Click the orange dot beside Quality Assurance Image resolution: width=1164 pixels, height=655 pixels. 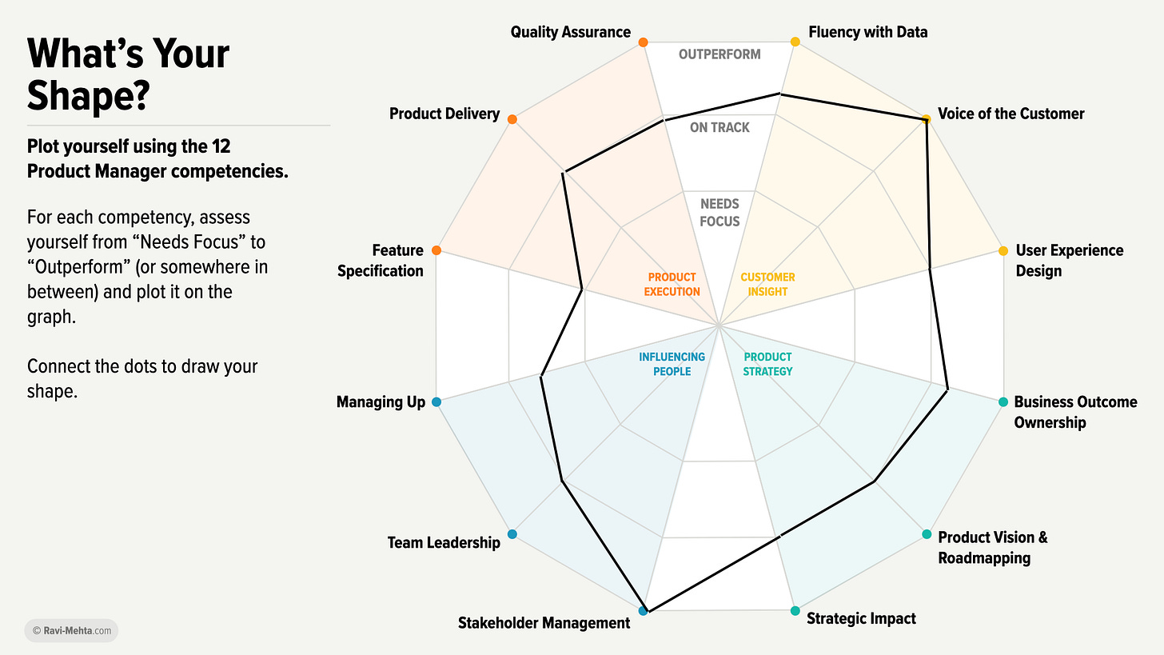pos(644,42)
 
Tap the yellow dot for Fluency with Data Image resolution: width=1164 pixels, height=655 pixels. pos(795,42)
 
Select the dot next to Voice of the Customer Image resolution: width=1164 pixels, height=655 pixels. pos(926,119)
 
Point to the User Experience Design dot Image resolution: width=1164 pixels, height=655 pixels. pos(1003,251)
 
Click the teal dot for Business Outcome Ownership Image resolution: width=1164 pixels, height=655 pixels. pos(1003,402)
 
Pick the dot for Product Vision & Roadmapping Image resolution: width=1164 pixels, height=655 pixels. pos(927,534)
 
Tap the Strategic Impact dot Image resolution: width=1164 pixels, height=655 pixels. pos(795,611)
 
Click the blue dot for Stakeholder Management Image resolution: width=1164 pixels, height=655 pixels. pos(644,611)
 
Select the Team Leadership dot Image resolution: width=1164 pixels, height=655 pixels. pos(512,534)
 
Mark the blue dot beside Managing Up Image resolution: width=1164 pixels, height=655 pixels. pos(436,402)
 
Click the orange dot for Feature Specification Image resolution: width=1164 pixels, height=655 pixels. pos(436,251)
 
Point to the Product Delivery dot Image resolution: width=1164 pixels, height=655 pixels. pos(512,119)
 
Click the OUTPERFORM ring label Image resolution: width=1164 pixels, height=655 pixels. pos(720,54)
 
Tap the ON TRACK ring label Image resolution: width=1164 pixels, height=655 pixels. pos(720,127)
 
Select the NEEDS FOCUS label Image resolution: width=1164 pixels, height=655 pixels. pos(720,213)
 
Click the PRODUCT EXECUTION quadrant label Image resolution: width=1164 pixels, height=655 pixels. pos(672,285)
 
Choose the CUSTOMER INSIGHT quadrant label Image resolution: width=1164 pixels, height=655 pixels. pos(767,285)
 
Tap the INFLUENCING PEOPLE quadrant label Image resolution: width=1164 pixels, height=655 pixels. pos(672,364)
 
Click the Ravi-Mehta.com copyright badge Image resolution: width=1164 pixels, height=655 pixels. pos(71,631)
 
